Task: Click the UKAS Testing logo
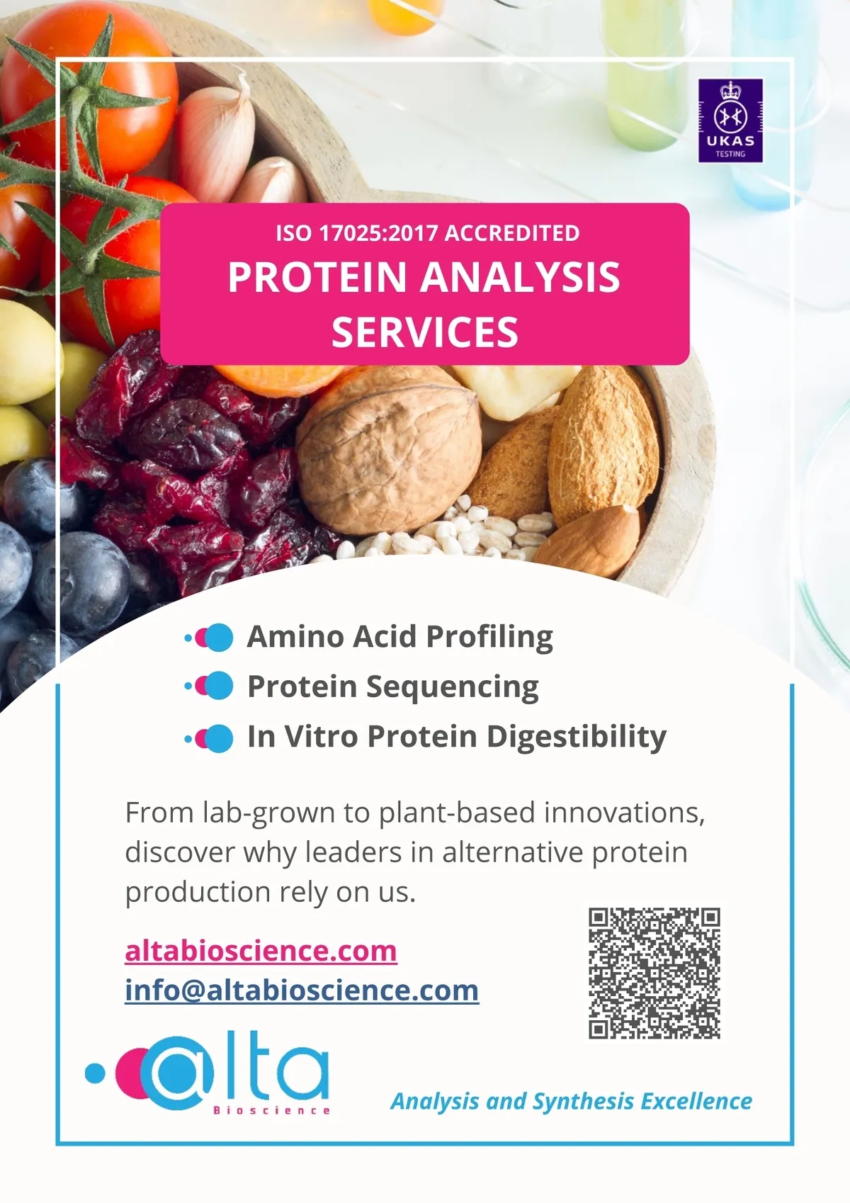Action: tap(730, 120)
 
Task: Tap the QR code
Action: tap(654, 973)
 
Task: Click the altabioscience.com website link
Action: tap(261, 951)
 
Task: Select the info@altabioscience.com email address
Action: tap(302, 990)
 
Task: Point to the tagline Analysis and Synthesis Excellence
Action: tap(572, 1101)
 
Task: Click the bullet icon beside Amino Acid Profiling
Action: tap(209, 638)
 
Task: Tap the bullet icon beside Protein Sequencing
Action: tap(209, 686)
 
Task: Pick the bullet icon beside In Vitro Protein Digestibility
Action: tap(209, 738)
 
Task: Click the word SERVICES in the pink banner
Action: tap(425, 332)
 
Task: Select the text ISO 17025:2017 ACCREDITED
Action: tap(428, 233)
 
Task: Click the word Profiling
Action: tap(489, 638)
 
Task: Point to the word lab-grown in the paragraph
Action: tap(269, 813)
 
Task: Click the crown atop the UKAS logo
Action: tap(730, 90)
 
